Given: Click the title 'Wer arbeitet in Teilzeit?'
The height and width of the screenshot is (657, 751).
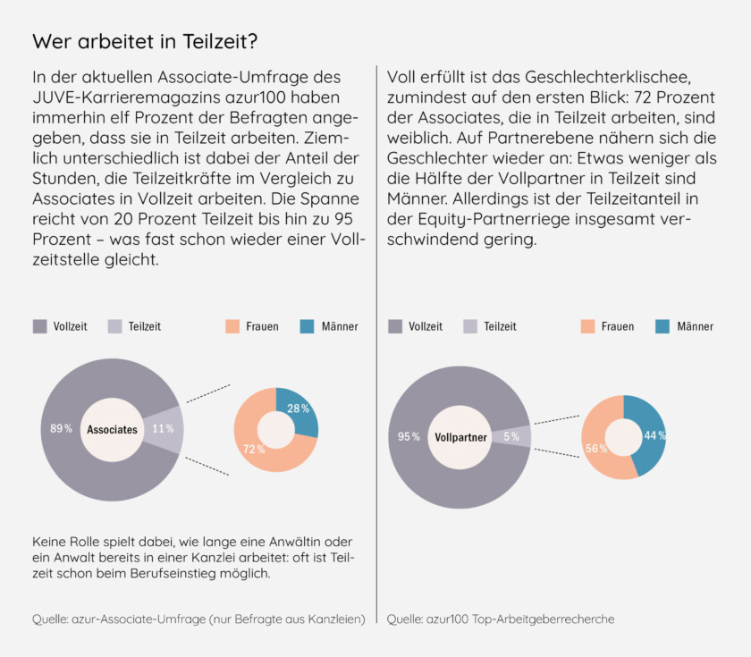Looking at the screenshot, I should click(x=145, y=42).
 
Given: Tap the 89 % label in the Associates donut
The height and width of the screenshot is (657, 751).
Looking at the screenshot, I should click(x=62, y=429).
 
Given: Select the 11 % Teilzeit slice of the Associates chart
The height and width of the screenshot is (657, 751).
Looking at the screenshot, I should click(x=164, y=429).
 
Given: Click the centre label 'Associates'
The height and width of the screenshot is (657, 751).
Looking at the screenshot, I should click(x=112, y=430).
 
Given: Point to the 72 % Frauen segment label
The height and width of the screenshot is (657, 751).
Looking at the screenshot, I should click(x=254, y=449).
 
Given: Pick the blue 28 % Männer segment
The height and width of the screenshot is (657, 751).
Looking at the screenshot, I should click(x=299, y=410).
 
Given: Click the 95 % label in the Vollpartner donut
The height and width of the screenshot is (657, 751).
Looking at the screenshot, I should click(x=409, y=436).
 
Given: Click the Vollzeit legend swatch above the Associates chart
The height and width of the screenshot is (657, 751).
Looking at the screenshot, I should click(x=40, y=326).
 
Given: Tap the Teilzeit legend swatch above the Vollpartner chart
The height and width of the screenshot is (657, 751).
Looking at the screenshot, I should click(x=470, y=326).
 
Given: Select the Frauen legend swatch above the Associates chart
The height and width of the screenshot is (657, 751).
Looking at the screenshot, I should click(x=231, y=326).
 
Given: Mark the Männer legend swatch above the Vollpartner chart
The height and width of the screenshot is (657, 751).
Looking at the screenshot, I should click(x=662, y=326).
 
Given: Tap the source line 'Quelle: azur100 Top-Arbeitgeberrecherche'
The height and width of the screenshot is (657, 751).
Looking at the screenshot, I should click(x=501, y=619).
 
